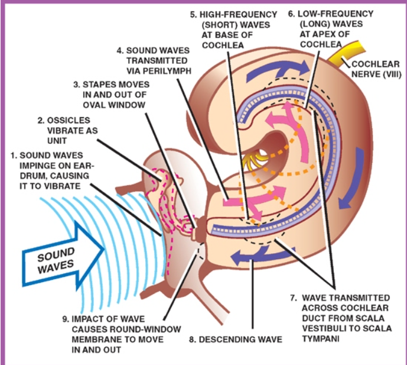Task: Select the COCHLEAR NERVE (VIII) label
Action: [376, 69]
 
